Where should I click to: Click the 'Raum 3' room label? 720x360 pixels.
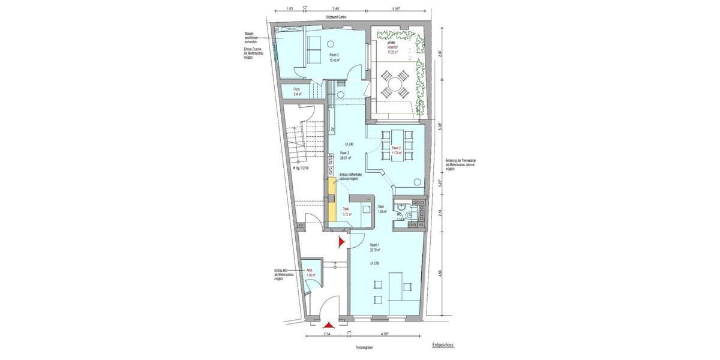tap(334, 55)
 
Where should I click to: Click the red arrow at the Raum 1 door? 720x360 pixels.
tap(341, 242)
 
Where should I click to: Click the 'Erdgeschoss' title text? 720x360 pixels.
tap(443, 346)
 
